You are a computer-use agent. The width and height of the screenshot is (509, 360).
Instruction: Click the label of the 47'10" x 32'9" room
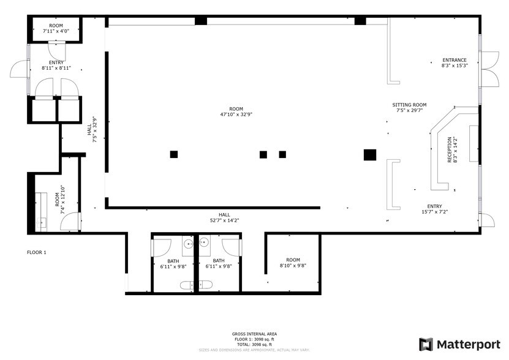(x=232, y=111)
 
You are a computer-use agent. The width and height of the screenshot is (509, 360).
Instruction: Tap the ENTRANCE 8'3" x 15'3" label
(x=454, y=62)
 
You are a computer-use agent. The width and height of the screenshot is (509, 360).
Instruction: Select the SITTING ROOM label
(x=409, y=108)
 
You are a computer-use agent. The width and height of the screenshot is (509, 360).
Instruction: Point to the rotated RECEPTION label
(x=451, y=150)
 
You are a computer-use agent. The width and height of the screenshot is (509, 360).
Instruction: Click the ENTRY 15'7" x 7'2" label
(x=434, y=209)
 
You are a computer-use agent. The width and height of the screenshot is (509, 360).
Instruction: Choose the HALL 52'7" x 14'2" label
(x=225, y=217)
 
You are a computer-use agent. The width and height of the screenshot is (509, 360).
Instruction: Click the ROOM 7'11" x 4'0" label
(x=56, y=28)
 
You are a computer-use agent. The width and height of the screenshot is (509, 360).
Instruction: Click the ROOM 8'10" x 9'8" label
(x=293, y=263)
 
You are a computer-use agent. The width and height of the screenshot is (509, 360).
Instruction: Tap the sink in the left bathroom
(x=188, y=242)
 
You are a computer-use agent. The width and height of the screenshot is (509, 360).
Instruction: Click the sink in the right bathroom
(x=204, y=242)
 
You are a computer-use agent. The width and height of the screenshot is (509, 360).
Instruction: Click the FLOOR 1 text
(x=37, y=252)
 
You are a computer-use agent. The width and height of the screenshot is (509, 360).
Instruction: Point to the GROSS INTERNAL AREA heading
(x=254, y=334)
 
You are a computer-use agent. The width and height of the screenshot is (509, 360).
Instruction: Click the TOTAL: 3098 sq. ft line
(x=254, y=343)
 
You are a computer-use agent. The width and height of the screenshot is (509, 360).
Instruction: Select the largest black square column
(x=369, y=154)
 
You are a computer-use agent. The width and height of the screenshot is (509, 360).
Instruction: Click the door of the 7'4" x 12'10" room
(x=72, y=221)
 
